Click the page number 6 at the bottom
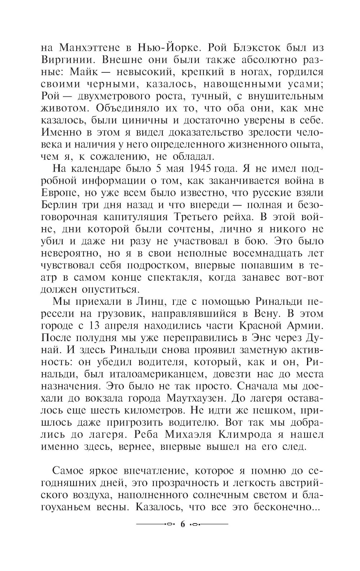(181, 524)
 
